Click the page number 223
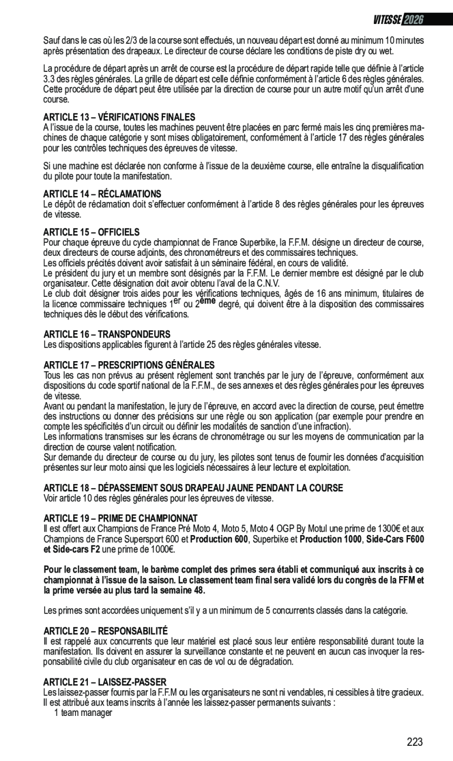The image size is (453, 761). (414, 742)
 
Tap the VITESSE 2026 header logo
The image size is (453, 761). (398, 19)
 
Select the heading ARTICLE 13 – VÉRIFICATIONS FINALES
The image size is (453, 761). (119, 117)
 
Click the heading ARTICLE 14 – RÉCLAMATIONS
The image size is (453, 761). (102, 193)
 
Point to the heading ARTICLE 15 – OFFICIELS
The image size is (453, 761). (91, 232)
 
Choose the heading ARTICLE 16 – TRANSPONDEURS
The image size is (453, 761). (107, 334)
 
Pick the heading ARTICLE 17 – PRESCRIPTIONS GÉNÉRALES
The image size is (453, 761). (129, 365)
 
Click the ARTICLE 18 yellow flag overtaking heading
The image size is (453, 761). (193, 488)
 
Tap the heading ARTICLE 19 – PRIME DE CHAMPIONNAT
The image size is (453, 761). (120, 518)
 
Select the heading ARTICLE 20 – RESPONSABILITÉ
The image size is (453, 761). (105, 630)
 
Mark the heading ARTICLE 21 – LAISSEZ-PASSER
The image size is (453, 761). (105, 682)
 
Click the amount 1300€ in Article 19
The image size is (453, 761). (386, 529)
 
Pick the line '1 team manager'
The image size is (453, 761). (83, 712)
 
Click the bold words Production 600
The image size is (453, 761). (218, 539)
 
